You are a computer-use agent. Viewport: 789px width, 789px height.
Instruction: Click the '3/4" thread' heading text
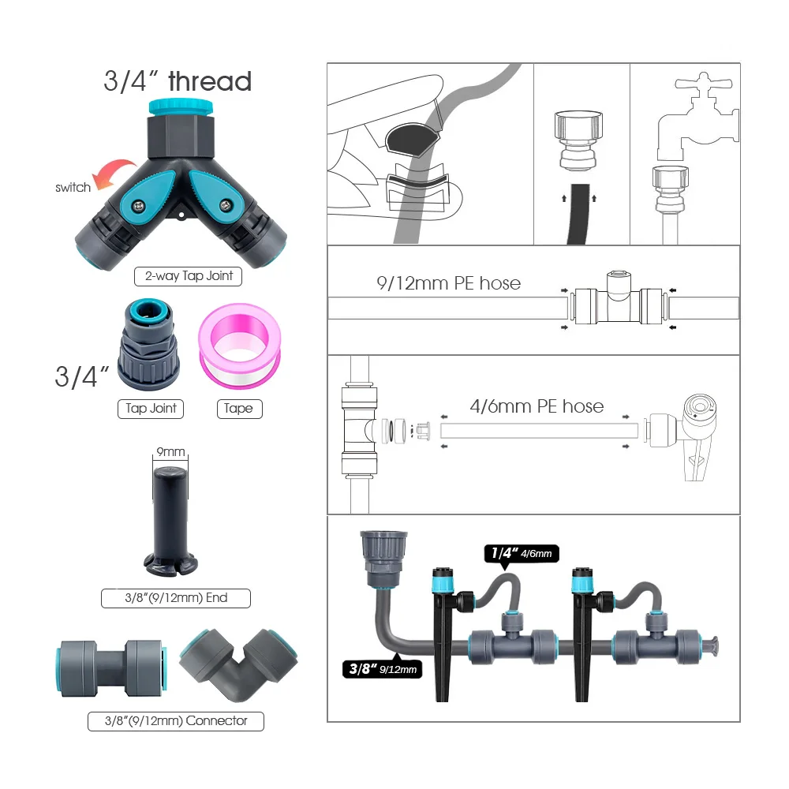(x=178, y=81)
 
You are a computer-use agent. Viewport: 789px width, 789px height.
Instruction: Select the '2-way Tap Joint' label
(x=189, y=277)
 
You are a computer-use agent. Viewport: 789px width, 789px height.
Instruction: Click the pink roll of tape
(x=238, y=346)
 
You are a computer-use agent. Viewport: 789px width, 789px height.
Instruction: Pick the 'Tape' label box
(x=239, y=408)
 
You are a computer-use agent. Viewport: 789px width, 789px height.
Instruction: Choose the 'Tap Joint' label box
(x=151, y=408)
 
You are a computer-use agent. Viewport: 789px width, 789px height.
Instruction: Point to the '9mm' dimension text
(x=170, y=452)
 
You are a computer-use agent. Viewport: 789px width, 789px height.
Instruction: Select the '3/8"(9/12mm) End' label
(x=175, y=598)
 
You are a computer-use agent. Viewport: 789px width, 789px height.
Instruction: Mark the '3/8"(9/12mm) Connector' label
(x=175, y=720)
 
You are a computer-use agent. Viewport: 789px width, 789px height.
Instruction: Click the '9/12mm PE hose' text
(x=447, y=282)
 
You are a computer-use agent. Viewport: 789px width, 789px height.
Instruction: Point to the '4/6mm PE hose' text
(x=537, y=406)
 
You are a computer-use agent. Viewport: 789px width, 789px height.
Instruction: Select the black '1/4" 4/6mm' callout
(x=522, y=554)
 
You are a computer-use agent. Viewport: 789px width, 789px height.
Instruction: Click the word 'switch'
(x=73, y=188)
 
